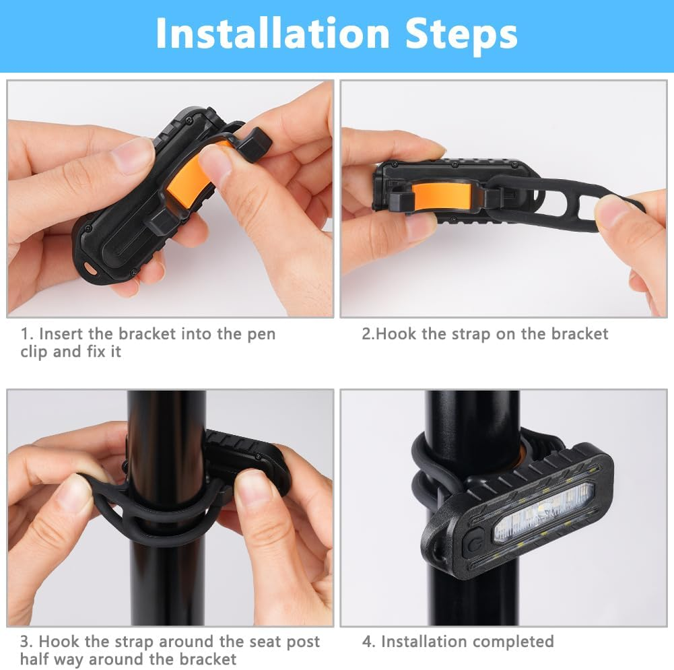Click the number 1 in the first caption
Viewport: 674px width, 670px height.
[26, 334]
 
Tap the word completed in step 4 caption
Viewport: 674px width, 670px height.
[514, 642]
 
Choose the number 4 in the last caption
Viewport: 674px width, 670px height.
[368, 642]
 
